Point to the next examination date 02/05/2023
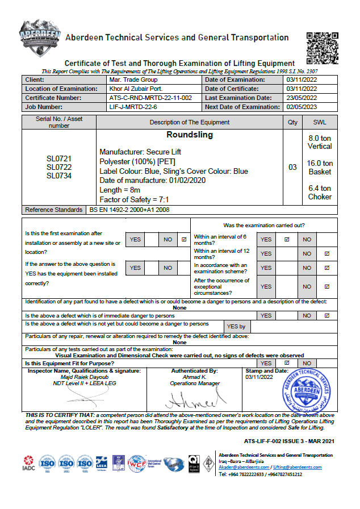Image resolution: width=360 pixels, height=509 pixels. [x=302, y=107]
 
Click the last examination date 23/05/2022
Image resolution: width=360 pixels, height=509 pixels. [x=302, y=98]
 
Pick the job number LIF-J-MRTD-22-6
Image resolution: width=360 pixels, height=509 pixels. [x=137, y=107]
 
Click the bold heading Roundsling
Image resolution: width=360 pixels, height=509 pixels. [x=190, y=135]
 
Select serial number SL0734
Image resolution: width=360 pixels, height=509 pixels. [x=59, y=176]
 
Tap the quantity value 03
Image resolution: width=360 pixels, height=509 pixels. [x=292, y=168]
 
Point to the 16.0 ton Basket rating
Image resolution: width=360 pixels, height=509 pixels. [x=320, y=168]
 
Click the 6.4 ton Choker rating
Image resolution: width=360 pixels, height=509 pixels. [x=320, y=193]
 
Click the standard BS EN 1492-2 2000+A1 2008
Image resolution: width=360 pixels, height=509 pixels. [x=129, y=210]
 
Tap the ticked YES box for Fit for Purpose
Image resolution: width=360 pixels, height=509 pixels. [x=287, y=363]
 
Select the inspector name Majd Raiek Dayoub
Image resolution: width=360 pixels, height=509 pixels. [x=84, y=377]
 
